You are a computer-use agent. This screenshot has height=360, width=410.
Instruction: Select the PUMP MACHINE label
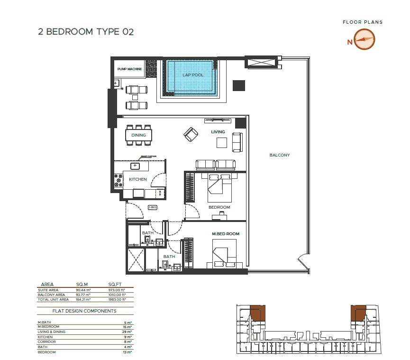click(130, 69)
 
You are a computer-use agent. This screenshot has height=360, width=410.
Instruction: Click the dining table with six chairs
click(139, 136)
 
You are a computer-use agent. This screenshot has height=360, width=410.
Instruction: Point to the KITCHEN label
click(138, 179)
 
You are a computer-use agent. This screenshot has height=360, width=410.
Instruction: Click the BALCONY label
click(279, 155)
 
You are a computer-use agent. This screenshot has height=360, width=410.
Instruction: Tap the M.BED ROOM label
click(226, 234)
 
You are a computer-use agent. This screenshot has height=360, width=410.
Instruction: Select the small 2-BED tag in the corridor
click(152, 207)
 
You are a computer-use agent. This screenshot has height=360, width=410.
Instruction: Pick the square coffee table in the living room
click(221, 142)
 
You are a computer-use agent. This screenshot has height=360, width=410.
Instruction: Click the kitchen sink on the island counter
click(135, 166)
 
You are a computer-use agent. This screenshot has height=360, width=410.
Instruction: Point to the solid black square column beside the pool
click(239, 85)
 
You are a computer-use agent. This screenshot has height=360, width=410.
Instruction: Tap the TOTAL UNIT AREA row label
click(53, 299)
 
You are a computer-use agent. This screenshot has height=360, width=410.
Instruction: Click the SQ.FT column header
click(115, 285)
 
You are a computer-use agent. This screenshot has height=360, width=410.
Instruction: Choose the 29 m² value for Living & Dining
click(128, 331)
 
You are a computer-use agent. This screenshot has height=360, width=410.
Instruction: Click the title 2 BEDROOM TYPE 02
click(86, 32)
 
